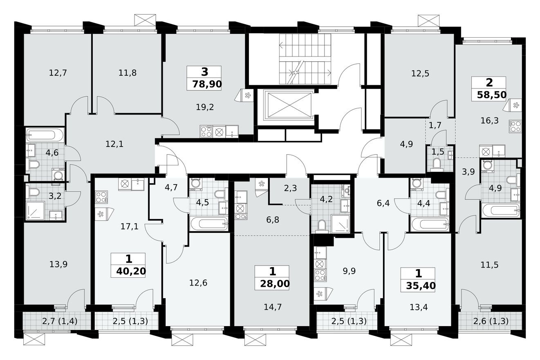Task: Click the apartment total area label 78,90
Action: [204, 85]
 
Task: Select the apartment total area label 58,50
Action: [491, 95]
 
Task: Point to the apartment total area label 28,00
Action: [273, 283]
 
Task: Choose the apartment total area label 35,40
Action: [418, 285]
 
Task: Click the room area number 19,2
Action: [205, 107]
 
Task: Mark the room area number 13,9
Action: [58, 264]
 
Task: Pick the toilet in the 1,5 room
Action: [437, 164]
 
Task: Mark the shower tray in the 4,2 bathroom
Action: [340, 224]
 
